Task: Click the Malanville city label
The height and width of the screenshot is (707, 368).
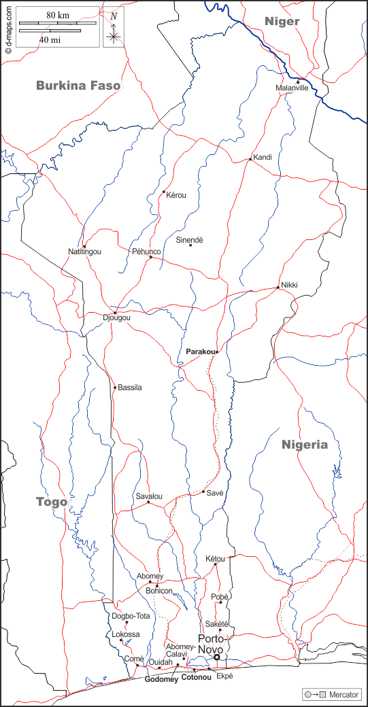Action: pos(292,88)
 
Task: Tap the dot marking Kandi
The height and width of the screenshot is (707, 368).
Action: pos(251,160)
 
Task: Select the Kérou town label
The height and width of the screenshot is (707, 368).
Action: pos(176,195)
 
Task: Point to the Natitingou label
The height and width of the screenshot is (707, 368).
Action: pos(85,252)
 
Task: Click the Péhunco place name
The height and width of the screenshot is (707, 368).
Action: pos(146,252)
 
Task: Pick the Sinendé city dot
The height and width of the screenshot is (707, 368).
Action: pos(190,245)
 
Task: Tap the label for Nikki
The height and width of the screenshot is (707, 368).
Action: pos(289,284)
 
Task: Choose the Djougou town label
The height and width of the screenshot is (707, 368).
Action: pos(116,317)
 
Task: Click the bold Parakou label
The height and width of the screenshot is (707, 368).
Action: pos(201,351)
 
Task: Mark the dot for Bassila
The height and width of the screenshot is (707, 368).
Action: pos(115,387)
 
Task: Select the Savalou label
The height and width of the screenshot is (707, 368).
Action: pos(149,496)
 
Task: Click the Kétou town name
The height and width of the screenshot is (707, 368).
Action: pos(215,559)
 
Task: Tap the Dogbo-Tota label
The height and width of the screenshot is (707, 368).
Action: pos(131,616)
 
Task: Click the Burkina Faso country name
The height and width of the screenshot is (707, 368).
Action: pos(78,86)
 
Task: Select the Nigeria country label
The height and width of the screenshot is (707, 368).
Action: pos(305,445)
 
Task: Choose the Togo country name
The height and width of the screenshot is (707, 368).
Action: pos(52,502)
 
